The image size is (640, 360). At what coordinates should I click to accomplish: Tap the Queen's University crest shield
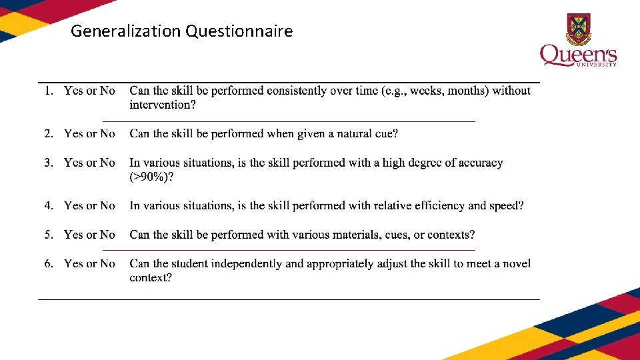(x=578, y=28)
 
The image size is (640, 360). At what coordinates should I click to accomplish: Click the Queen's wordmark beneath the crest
(x=577, y=55)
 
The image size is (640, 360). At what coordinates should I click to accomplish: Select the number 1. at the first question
(x=49, y=91)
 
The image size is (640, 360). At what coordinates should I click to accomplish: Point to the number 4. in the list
(x=49, y=205)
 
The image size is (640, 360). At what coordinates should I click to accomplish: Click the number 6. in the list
(x=49, y=263)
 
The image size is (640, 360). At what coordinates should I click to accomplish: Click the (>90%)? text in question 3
(x=152, y=177)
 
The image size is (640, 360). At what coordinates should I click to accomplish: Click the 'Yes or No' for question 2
(x=89, y=133)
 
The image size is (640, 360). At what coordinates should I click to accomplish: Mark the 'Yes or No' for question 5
(x=89, y=235)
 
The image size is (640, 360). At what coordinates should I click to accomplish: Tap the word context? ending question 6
(x=151, y=277)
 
